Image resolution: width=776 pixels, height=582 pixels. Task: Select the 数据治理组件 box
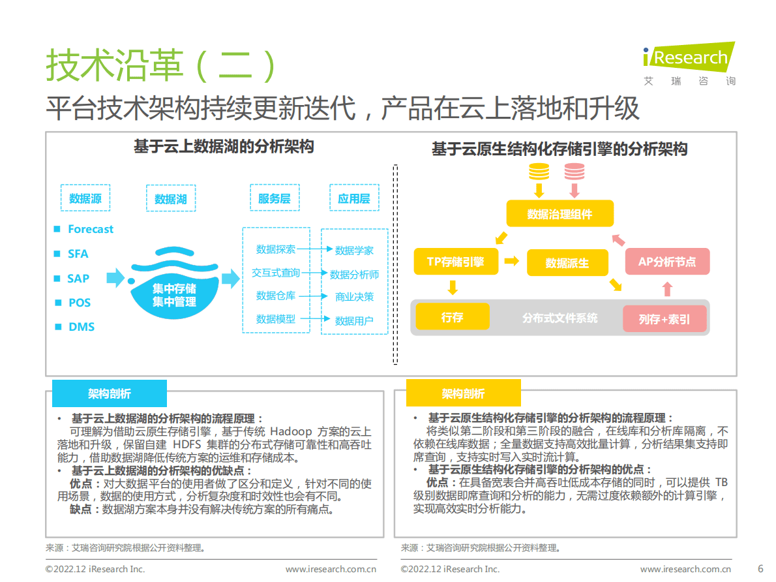[x=560, y=214]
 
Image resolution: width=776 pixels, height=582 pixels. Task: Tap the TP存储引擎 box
[x=456, y=262]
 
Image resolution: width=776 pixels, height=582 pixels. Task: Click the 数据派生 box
[x=567, y=263]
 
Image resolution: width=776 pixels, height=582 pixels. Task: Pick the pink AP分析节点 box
[x=666, y=262]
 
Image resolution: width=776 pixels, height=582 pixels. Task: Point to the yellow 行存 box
[x=452, y=317]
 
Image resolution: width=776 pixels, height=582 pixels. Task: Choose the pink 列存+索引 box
[x=664, y=319]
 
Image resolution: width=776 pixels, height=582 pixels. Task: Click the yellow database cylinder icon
[x=539, y=172]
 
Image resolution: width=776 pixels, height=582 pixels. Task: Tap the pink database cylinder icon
[x=575, y=172]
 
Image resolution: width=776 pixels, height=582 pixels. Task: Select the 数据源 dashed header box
[x=85, y=198]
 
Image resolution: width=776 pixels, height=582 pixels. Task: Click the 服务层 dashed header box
[x=274, y=198]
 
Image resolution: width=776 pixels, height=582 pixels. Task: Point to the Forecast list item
[x=91, y=229]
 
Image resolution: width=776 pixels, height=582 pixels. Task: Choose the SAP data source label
[x=78, y=279]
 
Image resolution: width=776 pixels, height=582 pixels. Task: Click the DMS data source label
[x=82, y=327]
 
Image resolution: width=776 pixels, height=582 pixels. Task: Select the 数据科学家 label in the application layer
[x=354, y=251]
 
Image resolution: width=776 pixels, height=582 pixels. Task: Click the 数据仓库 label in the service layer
[x=276, y=296]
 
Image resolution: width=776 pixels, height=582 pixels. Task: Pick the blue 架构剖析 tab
[x=110, y=394]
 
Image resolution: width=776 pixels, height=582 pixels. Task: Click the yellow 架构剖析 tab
[x=463, y=394]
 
